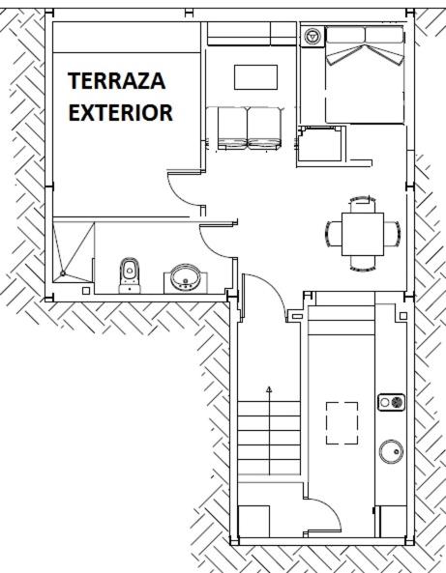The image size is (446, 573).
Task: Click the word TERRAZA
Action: pyautogui.click(x=117, y=81)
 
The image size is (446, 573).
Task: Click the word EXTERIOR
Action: pyautogui.click(x=120, y=112)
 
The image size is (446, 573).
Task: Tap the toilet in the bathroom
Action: pyautogui.click(x=130, y=275)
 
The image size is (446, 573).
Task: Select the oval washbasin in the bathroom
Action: pyautogui.click(x=186, y=278)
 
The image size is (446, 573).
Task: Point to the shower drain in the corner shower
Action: pyautogui.click(x=63, y=273)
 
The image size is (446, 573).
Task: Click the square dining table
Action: pyautogui.click(x=363, y=234)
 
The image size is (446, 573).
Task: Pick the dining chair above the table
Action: pyautogui.click(x=362, y=204)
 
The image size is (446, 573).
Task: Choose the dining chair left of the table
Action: pyautogui.click(x=334, y=234)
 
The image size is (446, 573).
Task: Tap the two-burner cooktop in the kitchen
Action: pyautogui.click(x=391, y=402)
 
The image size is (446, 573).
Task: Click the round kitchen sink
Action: pyautogui.click(x=391, y=451)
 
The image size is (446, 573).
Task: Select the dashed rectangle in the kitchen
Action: pyautogui.click(x=342, y=423)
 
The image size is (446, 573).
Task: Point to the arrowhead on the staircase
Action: pyautogui.click(x=269, y=389)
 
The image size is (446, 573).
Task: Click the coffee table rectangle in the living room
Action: pyautogui.click(x=255, y=77)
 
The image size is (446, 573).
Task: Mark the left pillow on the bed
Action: pyautogui.click(x=345, y=36)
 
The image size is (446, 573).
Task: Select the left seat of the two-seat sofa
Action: pyautogui.click(x=232, y=128)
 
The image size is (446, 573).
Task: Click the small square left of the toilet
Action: pyautogui.click(x=86, y=291)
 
